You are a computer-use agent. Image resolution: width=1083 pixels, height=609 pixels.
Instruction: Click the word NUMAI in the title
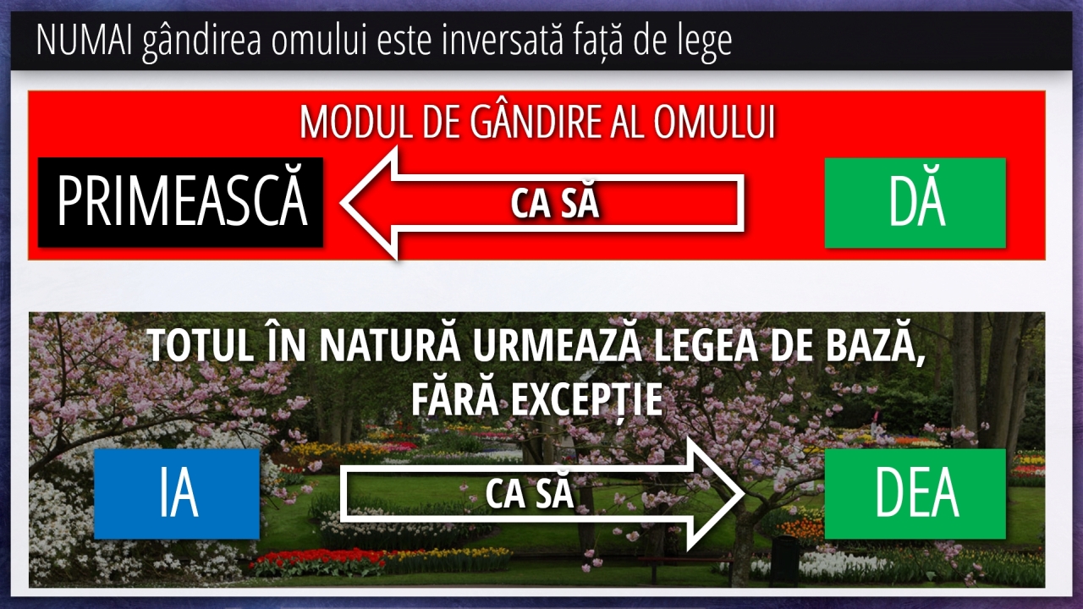click(x=84, y=40)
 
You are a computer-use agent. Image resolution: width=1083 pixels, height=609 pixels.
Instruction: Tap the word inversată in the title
click(x=503, y=39)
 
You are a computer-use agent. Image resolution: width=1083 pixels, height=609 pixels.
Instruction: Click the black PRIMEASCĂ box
click(x=181, y=202)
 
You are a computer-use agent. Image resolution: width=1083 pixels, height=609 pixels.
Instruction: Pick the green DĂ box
click(x=915, y=203)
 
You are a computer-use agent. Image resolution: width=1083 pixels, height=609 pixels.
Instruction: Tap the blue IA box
click(x=177, y=493)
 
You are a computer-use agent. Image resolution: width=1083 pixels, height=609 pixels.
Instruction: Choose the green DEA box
click(x=915, y=493)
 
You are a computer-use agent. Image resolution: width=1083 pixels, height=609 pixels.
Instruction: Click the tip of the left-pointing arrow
click(x=342, y=203)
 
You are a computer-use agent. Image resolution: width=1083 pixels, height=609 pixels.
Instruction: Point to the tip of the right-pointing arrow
click(x=743, y=494)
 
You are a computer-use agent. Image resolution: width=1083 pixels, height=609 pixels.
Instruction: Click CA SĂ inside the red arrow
click(x=555, y=204)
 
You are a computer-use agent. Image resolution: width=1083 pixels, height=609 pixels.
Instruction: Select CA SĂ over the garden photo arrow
click(x=530, y=493)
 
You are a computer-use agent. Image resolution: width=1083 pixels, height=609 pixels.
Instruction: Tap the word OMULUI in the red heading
click(x=715, y=123)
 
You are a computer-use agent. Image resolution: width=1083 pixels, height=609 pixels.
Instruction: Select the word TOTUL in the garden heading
click(x=201, y=346)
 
